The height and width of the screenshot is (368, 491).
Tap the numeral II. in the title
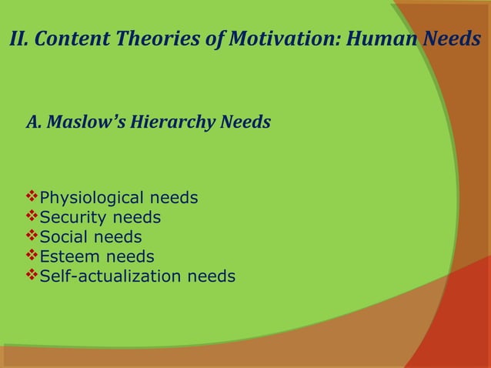point(20,39)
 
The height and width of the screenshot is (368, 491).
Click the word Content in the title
point(76,39)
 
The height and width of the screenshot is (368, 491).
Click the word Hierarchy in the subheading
point(168,122)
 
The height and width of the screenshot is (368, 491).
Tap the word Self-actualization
point(109,276)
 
